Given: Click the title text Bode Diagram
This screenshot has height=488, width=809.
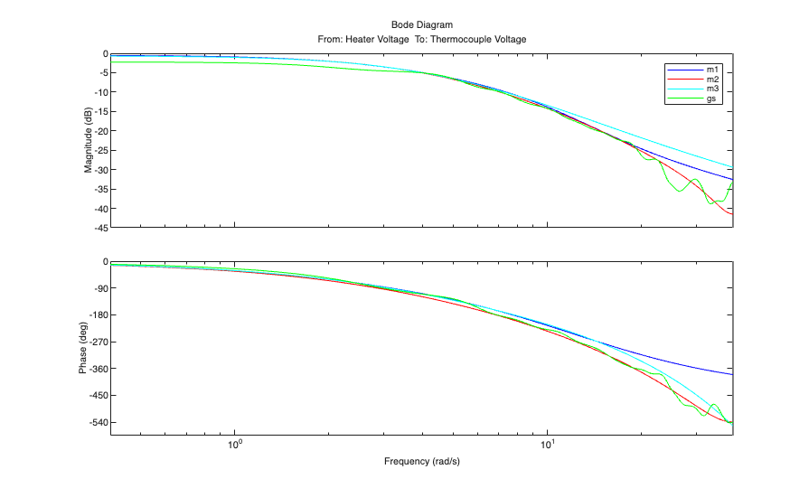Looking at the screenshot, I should pos(421,25).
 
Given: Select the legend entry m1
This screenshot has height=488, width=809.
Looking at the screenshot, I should pos(712,70).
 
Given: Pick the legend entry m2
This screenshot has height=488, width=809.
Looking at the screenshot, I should pos(712,80).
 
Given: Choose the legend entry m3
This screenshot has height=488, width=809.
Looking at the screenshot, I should pos(712,89).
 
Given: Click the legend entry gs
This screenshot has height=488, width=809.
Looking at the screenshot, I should pos(712,99).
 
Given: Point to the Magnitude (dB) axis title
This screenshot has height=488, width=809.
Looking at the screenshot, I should pos(89,141).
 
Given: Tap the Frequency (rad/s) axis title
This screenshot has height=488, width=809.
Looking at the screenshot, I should pos(421,462).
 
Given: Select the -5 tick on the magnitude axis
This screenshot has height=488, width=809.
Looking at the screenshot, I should pos(102,73).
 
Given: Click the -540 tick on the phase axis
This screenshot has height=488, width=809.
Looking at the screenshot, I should pos(98,423).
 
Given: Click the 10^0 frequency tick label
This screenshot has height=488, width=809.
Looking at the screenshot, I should pos(235,445).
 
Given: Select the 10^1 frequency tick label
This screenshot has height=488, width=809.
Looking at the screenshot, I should pos(547,445).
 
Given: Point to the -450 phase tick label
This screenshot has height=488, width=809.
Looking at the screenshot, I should pos(98,396).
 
